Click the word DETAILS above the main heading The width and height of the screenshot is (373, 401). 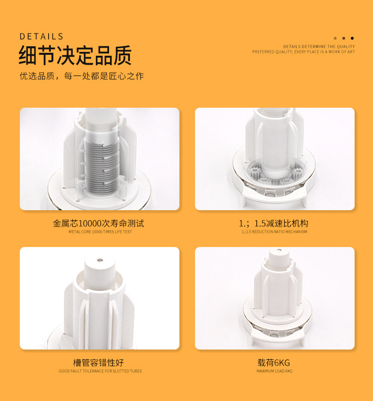pyautogui.click(x=42, y=36)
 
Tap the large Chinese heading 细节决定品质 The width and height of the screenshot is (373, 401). pyautogui.click(x=75, y=55)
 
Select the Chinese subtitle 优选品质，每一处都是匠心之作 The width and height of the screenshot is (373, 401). pyautogui.click(x=82, y=76)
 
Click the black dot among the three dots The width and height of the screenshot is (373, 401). pyautogui.click(x=352, y=38)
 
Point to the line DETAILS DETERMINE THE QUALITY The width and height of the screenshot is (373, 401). pyautogui.click(x=319, y=47)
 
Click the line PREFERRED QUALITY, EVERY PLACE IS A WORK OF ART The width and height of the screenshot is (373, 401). pyautogui.click(x=304, y=51)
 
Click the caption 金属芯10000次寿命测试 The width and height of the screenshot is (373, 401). pyautogui.click(x=98, y=223)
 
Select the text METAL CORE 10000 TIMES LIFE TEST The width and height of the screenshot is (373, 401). pyautogui.click(x=100, y=232)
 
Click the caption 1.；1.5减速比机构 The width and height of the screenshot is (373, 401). pyautogui.click(x=273, y=223)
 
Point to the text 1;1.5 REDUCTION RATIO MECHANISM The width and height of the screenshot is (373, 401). pyautogui.click(x=275, y=232)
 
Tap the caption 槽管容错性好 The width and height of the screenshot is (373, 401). pyautogui.click(x=98, y=362)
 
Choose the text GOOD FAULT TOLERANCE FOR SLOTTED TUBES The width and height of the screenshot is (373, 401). pyautogui.click(x=100, y=371)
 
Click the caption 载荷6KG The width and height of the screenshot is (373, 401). pyautogui.click(x=273, y=362)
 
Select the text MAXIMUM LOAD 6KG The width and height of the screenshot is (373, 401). pyautogui.click(x=275, y=371)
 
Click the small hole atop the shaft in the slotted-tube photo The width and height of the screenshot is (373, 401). pyautogui.click(x=100, y=260)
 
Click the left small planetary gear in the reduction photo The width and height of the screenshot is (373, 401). pyautogui.click(x=254, y=170)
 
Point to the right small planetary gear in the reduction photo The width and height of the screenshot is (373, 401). pyautogui.click(x=298, y=171)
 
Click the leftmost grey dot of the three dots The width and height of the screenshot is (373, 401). pyautogui.click(x=335, y=38)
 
